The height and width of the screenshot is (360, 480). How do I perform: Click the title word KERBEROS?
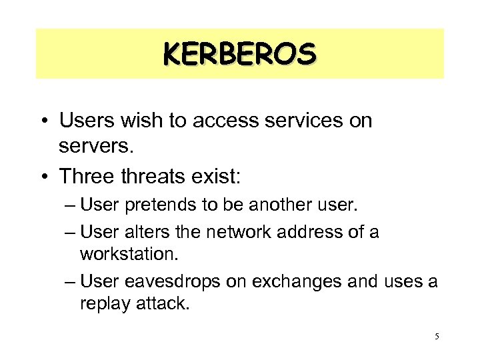tap(239, 53)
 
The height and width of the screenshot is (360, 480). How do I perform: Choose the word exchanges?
tap(300, 281)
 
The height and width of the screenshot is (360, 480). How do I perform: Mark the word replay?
tap(99, 304)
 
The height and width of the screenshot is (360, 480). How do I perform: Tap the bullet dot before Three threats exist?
tap(44, 177)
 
